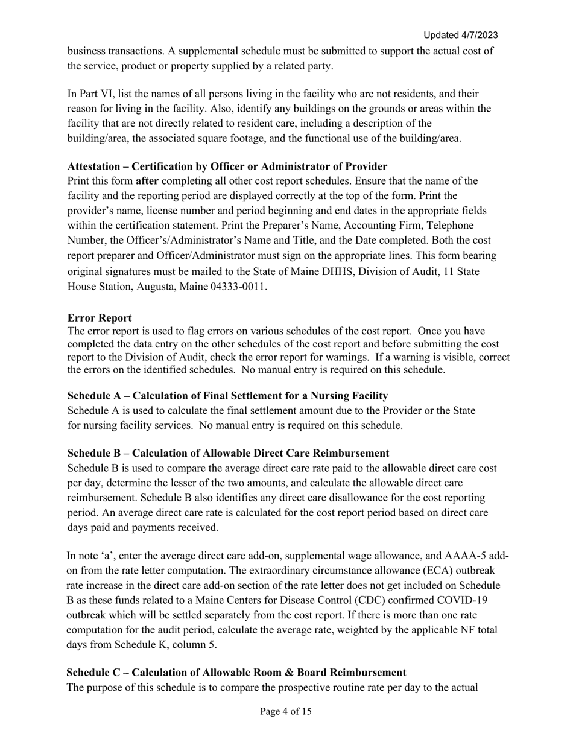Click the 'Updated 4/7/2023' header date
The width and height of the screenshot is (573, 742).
(x=460, y=35)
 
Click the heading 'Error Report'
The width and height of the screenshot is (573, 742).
(x=100, y=317)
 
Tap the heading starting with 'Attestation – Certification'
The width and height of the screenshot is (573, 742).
(x=227, y=166)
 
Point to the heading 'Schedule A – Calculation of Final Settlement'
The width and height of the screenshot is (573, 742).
(x=227, y=396)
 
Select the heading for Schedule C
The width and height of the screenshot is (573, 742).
(x=236, y=672)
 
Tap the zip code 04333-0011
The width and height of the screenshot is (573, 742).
(x=238, y=287)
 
